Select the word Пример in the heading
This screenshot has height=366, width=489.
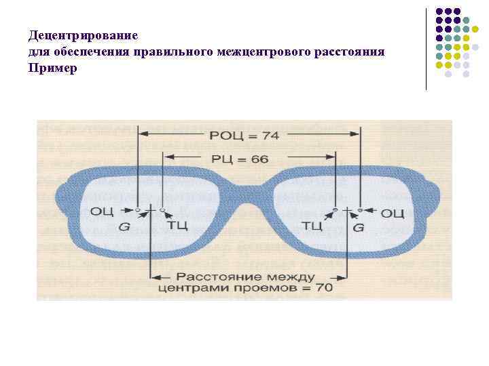53,68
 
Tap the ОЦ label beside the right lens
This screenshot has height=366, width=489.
393,213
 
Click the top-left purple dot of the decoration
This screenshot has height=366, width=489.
440,12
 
